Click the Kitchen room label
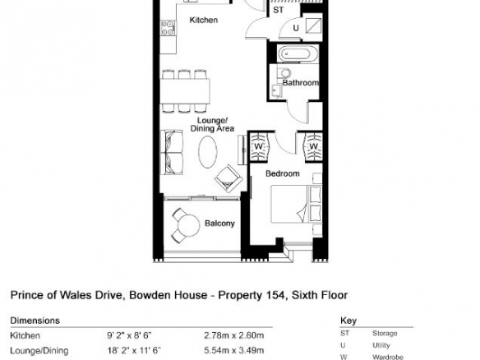[204, 20]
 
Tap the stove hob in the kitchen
[168, 28]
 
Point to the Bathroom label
[300, 83]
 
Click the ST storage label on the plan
[279, 10]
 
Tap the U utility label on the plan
[296, 28]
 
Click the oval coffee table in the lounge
[208, 152]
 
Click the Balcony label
[219, 224]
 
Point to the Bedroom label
[283, 173]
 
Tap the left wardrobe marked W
[259, 146]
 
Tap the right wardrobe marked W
[313, 146]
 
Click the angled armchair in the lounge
[228, 179]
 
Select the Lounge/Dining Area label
[212, 124]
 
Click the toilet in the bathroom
[284, 73]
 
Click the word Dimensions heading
[35, 321]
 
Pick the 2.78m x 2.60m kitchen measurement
[234, 335]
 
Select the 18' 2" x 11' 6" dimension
[134, 350]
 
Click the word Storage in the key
[385, 333]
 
